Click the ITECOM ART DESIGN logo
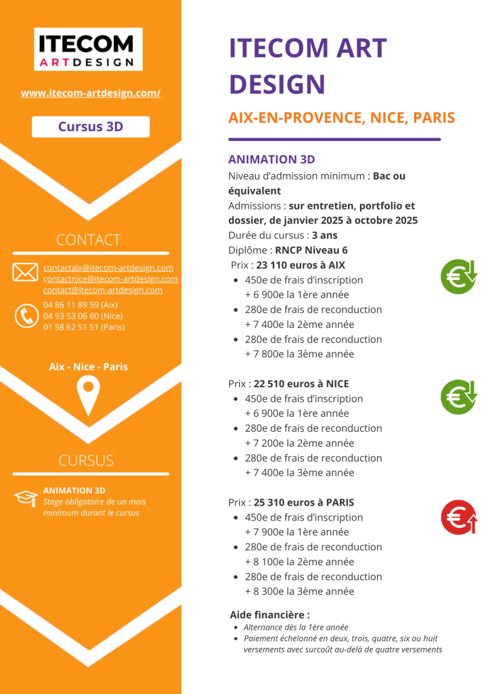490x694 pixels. click(88, 49)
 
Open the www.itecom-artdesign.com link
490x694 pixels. click(91, 93)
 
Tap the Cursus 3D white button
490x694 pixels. click(91, 126)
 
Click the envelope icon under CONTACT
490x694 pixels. click(25, 272)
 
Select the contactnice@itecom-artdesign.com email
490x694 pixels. click(110, 279)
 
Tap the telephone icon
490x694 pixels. click(26, 316)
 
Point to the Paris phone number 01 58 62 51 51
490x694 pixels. click(84, 327)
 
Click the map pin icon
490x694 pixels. click(88, 396)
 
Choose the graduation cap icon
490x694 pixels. click(25, 497)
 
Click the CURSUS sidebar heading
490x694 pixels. click(86, 461)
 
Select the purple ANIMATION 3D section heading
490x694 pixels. click(271, 159)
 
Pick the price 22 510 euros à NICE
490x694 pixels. click(301, 384)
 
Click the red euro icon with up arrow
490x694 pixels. click(460, 517)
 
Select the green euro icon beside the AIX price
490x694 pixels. click(460, 277)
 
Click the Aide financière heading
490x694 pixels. click(269, 615)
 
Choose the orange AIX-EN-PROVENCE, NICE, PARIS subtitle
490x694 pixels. click(341, 118)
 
